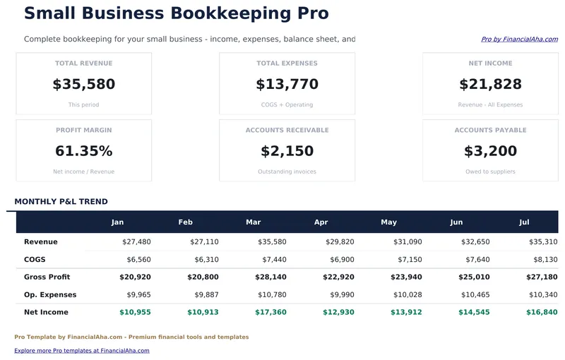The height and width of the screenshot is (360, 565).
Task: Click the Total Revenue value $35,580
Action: pos(83,85)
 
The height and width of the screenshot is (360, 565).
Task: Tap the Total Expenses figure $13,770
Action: pos(287,85)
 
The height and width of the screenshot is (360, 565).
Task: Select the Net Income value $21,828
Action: pos(490,85)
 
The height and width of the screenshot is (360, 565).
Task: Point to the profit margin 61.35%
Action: pos(83,151)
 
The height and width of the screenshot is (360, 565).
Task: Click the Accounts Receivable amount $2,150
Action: pos(287,151)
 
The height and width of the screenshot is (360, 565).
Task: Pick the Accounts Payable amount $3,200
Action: pos(490,151)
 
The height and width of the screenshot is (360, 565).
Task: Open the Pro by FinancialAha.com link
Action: pos(519,40)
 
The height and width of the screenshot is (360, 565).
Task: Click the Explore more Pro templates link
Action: pos(82,350)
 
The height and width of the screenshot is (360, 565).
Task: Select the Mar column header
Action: pos(253,222)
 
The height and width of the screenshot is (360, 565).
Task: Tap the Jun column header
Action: pos(456,222)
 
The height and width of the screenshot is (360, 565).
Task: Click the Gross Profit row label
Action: pos(47,277)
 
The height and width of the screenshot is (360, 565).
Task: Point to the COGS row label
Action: pos(35,260)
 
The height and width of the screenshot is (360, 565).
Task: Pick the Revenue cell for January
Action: pos(136,242)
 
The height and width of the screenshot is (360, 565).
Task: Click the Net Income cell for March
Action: pos(272,312)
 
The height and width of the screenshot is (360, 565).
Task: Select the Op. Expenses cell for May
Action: pos(408,294)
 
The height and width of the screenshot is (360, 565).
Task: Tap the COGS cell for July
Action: pos(543,260)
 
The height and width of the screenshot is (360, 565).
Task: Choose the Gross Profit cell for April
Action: pos(340,277)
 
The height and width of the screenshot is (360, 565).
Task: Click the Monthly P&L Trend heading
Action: pos(61,202)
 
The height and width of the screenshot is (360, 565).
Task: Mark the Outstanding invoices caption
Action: pos(287,172)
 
